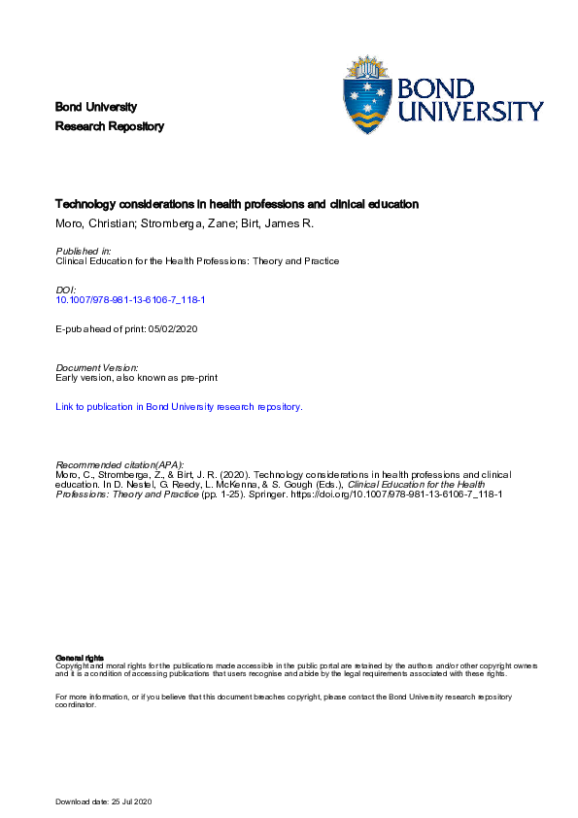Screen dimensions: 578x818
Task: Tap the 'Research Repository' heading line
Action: coord(110,126)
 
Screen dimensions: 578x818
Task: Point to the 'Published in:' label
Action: coord(84,251)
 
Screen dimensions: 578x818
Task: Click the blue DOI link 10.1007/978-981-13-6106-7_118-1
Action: coord(130,300)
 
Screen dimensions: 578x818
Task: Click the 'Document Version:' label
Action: coord(97,367)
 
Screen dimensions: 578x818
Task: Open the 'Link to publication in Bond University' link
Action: coord(179,407)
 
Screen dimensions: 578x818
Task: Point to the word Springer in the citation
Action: coord(269,494)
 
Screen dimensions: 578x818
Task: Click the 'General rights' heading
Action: coord(75,659)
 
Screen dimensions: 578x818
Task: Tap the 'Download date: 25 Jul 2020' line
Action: coord(105,801)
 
